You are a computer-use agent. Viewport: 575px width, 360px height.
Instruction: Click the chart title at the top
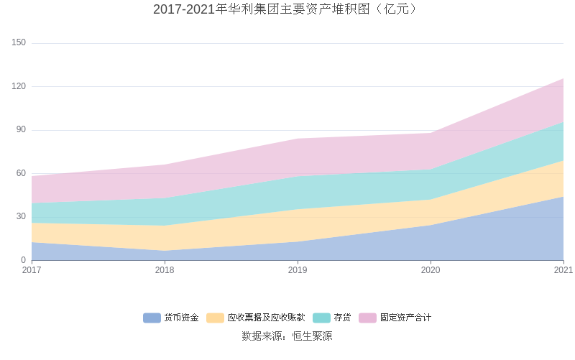287,9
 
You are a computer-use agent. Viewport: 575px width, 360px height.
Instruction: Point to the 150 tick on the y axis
19,43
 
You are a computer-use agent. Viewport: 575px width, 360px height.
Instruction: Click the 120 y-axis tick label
19,86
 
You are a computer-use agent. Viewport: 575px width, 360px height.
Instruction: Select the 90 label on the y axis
21,130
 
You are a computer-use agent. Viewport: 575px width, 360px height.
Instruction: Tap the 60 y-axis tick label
21,173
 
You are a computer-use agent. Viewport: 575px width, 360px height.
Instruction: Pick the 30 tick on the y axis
21,216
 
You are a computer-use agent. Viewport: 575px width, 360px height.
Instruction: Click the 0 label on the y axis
23,260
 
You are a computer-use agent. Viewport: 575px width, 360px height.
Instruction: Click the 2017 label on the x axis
32,270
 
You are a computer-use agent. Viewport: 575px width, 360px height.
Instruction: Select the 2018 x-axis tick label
165,270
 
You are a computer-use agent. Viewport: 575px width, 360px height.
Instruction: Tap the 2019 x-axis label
298,270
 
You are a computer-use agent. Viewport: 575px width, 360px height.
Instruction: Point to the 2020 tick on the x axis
431,270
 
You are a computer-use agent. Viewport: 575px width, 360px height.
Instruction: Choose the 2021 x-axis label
563,270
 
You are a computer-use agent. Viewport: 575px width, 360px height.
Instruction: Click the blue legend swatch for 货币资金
152,318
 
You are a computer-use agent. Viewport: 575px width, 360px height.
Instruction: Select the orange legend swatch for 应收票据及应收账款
215,318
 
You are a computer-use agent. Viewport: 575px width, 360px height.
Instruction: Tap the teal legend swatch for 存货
321,318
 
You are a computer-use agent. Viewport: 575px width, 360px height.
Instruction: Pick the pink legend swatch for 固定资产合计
367,318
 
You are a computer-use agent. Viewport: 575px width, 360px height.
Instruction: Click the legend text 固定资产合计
405,318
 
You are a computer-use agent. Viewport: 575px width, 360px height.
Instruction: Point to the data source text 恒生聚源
312,336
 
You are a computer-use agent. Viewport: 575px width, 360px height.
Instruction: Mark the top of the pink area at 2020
431,133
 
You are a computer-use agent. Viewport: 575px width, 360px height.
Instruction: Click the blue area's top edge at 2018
165,251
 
